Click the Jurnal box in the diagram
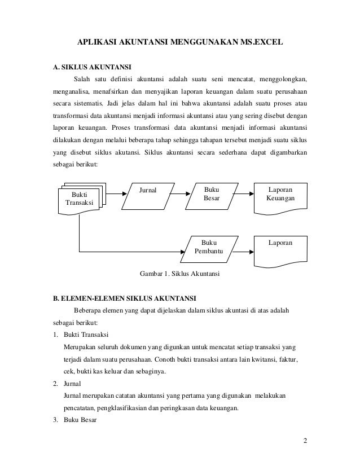[x=148, y=195]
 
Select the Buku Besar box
[x=212, y=195]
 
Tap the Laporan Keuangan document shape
[x=280, y=196]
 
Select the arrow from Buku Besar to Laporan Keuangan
[x=243, y=194]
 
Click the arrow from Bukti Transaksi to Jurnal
[x=117, y=194]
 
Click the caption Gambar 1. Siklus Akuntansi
[x=179, y=274]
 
